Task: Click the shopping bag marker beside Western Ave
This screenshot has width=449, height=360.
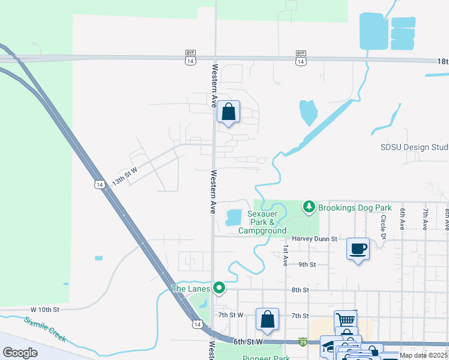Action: click(x=228, y=112)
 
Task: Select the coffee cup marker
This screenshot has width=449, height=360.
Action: click(x=358, y=248)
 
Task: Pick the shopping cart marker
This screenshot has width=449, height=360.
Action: click(x=346, y=320)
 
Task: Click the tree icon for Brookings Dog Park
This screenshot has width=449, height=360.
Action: click(x=309, y=208)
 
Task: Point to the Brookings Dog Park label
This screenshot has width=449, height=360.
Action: click(x=355, y=208)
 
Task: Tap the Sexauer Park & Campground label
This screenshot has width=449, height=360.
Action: click(x=262, y=222)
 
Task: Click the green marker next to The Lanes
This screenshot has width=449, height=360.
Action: click(x=219, y=289)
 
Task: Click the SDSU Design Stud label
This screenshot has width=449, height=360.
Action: click(x=414, y=147)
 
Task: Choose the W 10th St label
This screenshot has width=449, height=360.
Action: click(x=46, y=310)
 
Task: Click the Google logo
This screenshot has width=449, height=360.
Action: click(x=20, y=353)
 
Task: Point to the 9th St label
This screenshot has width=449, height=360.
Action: click(x=307, y=264)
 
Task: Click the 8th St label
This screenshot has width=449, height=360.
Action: click(x=300, y=290)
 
